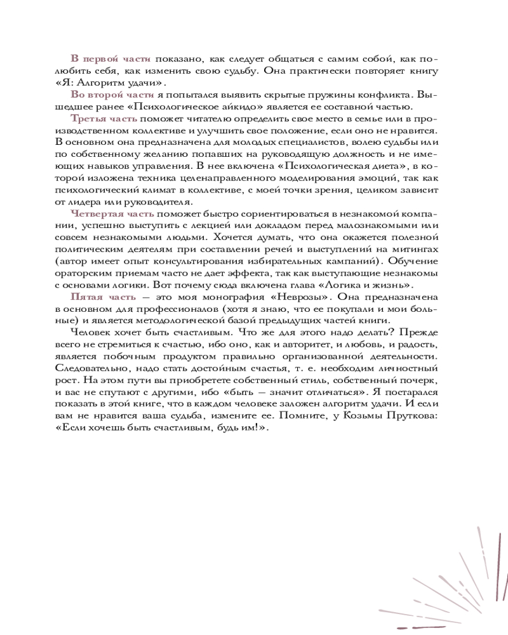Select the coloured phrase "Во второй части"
[112, 94]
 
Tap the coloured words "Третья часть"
[104, 119]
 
